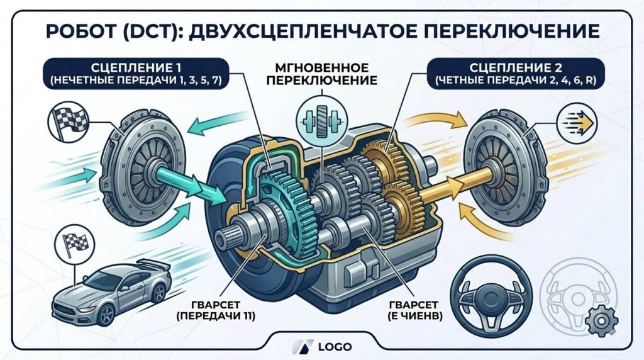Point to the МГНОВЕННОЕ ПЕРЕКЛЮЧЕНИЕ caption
click(322, 73)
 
